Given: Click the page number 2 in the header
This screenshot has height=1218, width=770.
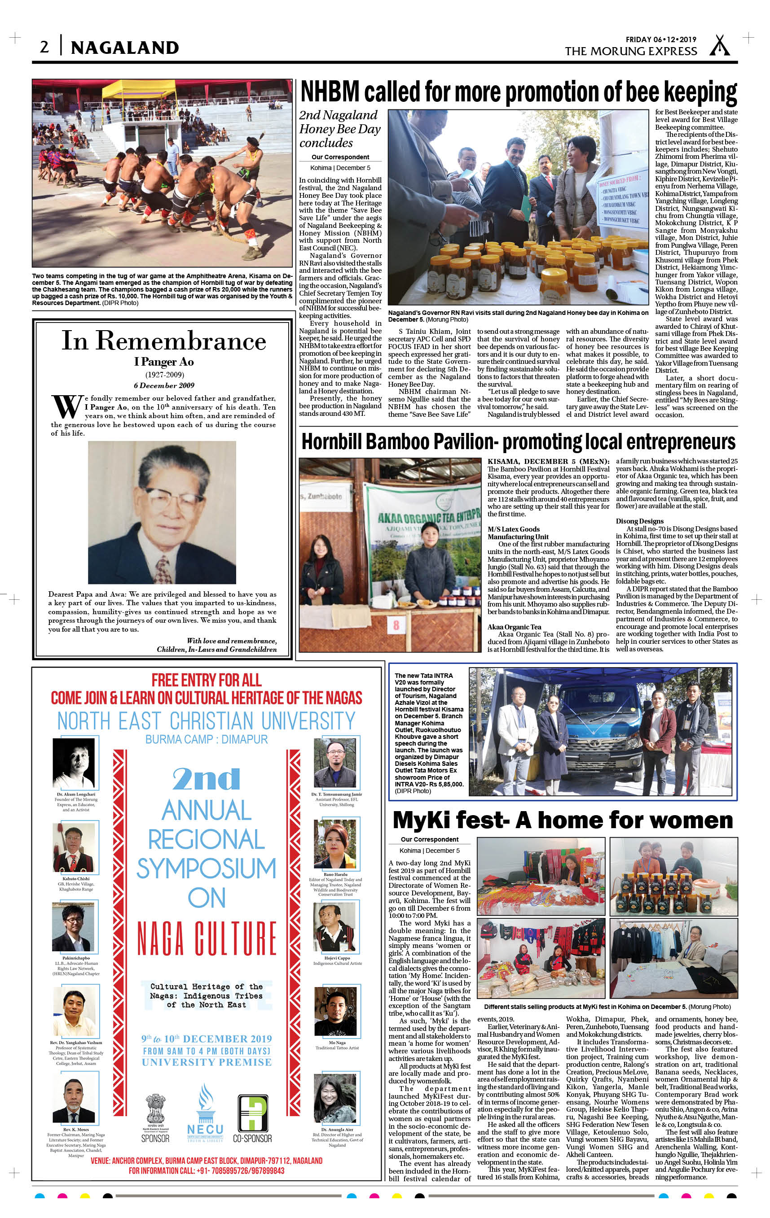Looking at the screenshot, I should click(x=44, y=47).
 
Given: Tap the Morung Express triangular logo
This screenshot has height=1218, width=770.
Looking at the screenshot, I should click(x=719, y=45).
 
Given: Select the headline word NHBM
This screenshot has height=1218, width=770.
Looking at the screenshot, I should click(x=330, y=92).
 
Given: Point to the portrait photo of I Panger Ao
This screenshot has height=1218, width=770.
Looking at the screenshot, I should click(x=162, y=512).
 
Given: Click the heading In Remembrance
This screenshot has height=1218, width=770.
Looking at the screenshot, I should click(x=163, y=341).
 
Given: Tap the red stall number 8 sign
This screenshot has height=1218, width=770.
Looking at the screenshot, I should click(x=396, y=626).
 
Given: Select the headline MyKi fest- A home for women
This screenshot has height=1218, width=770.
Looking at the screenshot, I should click(x=563, y=820).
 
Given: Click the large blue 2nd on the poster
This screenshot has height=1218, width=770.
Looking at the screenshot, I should click(x=206, y=779).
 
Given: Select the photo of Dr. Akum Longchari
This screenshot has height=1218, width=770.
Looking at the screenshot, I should click(x=74, y=763).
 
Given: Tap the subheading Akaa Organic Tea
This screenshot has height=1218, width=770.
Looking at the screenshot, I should click(x=515, y=627).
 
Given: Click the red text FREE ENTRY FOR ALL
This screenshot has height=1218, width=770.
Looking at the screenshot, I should click(x=206, y=680).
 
